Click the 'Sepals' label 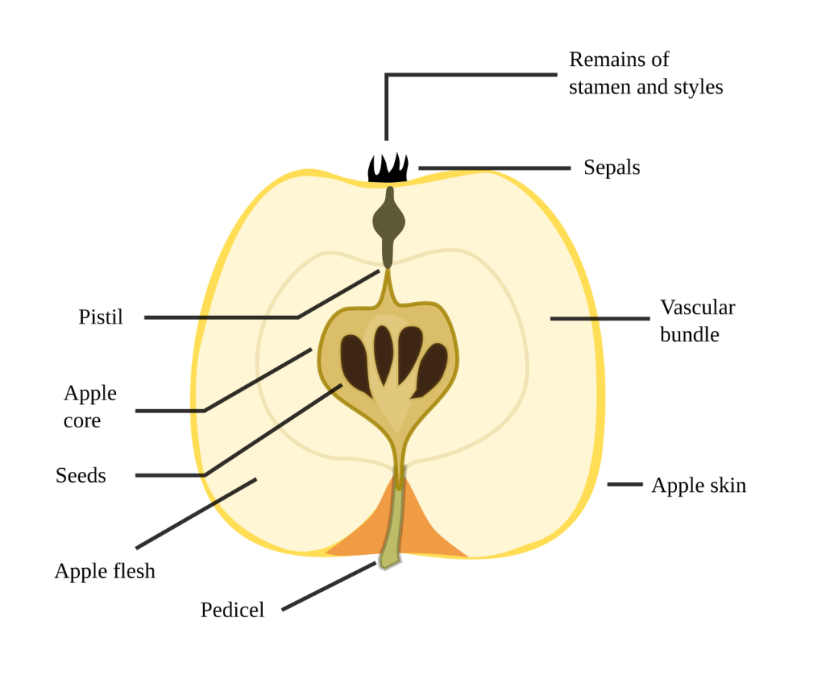[x=612, y=168]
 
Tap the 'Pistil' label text [x=101, y=317]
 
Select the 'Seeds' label [x=81, y=476]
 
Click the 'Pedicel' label [x=232, y=610]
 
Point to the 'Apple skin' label [x=699, y=486]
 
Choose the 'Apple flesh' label [x=105, y=571]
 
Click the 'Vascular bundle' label [x=698, y=321]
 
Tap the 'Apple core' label [x=90, y=407]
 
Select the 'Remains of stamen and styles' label [x=646, y=73]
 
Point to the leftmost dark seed [x=356, y=364]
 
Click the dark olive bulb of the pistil [x=389, y=222]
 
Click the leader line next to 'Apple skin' [x=625, y=484]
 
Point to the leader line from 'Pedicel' [x=329, y=586]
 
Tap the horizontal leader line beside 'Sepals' [x=494, y=168]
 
